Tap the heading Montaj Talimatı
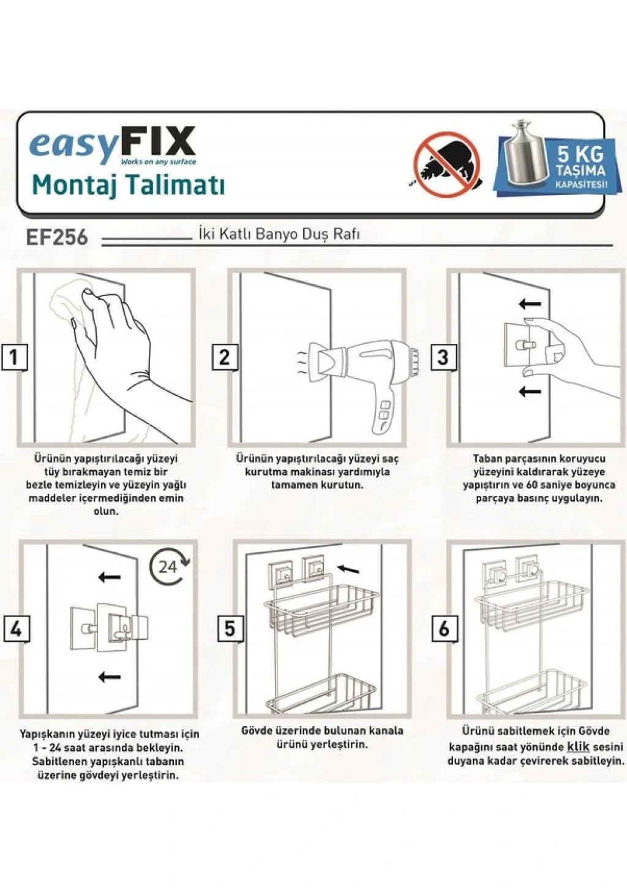click(x=128, y=185)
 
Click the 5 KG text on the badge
click(x=580, y=153)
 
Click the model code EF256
click(x=56, y=238)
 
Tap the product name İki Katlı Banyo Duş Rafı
click(x=279, y=234)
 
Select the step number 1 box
click(x=14, y=357)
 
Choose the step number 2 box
click(x=224, y=357)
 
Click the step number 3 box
click(x=443, y=357)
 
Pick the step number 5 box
click(x=230, y=628)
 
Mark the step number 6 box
click(x=443, y=629)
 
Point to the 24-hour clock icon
click(x=169, y=566)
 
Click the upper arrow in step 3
click(x=530, y=304)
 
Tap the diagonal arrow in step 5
click(x=348, y=568)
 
